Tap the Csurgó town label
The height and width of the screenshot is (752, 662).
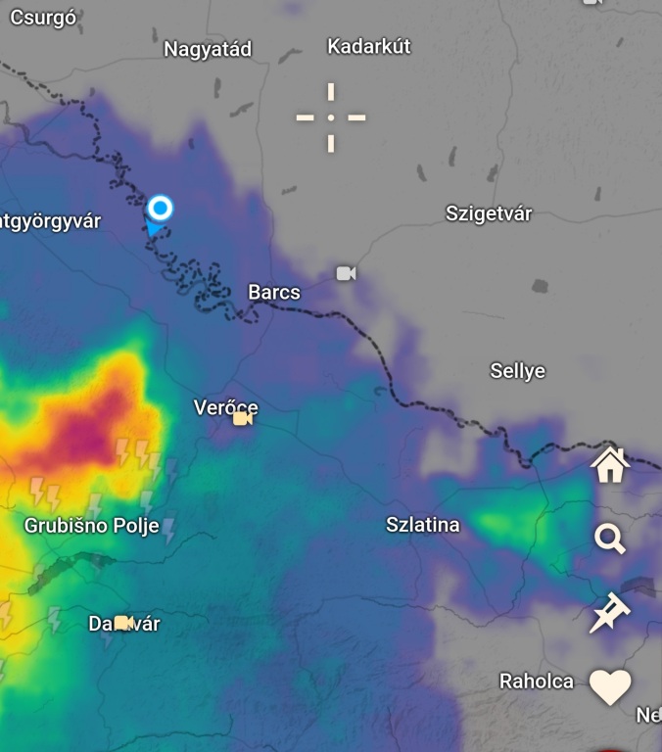pyautogui.click(x=43, y=18)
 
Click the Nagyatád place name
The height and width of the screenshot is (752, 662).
pyautogui.click(x=208, y=49)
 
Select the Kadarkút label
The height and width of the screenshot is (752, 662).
pyautogui.click(x=369, y=46)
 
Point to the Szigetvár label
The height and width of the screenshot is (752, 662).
pyautogui.click(x=489, y=213)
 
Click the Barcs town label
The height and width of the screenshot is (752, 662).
pyautogui.click(x=274, y=292)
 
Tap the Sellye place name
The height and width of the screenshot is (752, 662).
pyautogui.click(x=517, y=371)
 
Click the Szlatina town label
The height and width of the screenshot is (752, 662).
pyautogui.click(x=423, y=525)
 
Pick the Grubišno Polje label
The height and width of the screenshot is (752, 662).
pyautogui.click(x=91, y=526)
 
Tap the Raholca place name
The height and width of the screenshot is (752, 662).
pyautogui.click(x=537, y=681)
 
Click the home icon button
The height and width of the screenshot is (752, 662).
pyautogui.click(x=610, y=465)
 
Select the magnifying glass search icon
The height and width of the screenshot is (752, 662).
pyautogui.click(x=610, y=539)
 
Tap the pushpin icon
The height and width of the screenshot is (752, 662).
pyautogui.click(x=610, y=614)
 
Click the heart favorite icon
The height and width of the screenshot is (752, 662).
pyautogui.click(x=610, y=687)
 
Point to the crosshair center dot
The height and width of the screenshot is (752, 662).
pyautogui.click(x=331, y=117)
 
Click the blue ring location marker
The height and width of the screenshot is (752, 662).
pyautogui.click(x=161, y=208)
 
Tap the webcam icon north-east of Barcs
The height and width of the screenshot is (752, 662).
pyautogui.click(x=346, y=273)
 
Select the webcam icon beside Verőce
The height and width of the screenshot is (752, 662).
pyautogui.click(x=243, y=419)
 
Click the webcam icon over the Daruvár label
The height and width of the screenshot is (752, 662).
pyautogui.click(x=123, y=623)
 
